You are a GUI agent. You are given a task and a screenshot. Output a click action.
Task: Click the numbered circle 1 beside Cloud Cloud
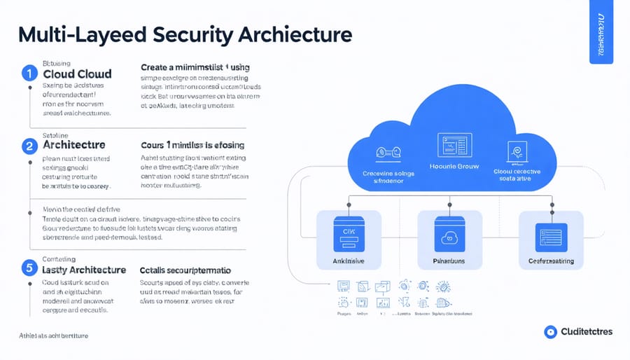29,72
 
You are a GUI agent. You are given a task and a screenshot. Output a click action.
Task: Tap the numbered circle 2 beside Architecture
29,146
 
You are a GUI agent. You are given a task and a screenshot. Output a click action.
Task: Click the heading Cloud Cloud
77,74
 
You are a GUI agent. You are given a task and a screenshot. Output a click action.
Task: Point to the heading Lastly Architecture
84,270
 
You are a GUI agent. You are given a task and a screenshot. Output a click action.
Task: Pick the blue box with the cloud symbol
450,236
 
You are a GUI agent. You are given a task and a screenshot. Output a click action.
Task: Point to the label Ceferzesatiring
552,262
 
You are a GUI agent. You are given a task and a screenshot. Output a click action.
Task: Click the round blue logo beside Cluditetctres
550,332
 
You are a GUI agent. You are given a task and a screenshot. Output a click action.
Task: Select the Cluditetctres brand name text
587,332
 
